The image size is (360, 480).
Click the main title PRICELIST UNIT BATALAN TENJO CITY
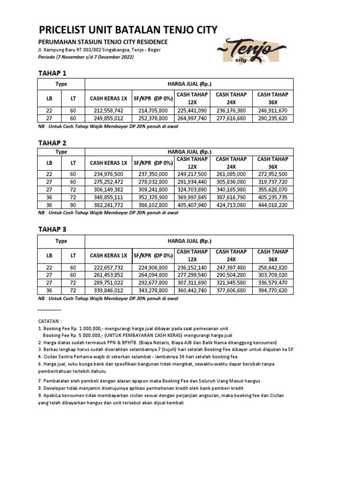(128, 30)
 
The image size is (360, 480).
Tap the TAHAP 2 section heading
(52, 142)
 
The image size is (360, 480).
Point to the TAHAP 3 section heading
(52, 229)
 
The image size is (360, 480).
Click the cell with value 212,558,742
(108, 111)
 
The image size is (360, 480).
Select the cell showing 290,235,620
(273, 119)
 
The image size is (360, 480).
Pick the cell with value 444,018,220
(273, 205)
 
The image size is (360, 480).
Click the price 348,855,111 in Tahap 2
(108, 197)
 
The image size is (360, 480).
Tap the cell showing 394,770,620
(273, 291)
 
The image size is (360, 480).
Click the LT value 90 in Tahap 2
(73, 205)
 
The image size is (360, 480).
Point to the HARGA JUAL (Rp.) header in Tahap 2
(189, 152)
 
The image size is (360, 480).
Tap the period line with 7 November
(86, 57)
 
